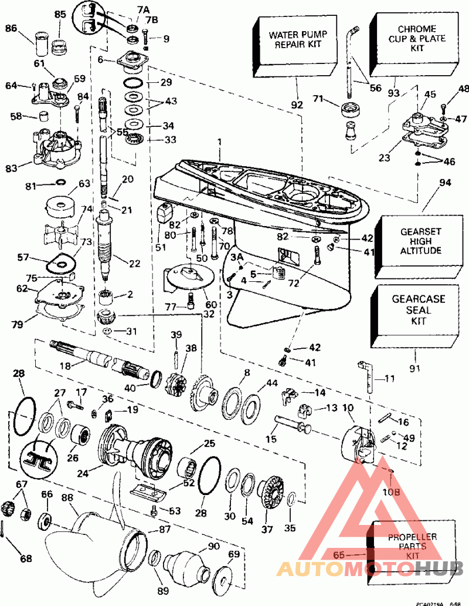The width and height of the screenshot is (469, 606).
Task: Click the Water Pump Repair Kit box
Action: point(296,39)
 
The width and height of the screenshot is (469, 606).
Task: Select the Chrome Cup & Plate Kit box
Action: point(417,39)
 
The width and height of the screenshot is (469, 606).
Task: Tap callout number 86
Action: point(11,28)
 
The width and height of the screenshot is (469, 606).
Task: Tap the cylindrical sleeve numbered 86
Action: point(42,43)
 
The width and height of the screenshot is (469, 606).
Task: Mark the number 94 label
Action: point(446,183)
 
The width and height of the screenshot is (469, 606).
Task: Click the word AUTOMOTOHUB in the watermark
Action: point(370,568)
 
